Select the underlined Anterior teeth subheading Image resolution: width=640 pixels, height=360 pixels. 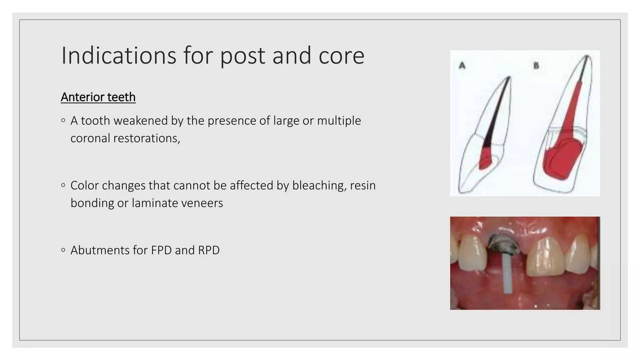coord(98,97)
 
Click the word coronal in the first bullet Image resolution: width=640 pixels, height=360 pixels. coord(90,138)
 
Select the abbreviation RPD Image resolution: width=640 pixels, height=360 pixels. coord(208,250)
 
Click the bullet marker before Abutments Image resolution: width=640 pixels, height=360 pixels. coord(63,250)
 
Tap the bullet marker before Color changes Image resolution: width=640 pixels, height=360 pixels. coord(63,185)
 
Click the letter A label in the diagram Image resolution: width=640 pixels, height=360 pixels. coord(462,66)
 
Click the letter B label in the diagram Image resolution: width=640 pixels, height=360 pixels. coord(536,66)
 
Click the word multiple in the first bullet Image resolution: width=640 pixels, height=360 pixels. coord(339,121)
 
